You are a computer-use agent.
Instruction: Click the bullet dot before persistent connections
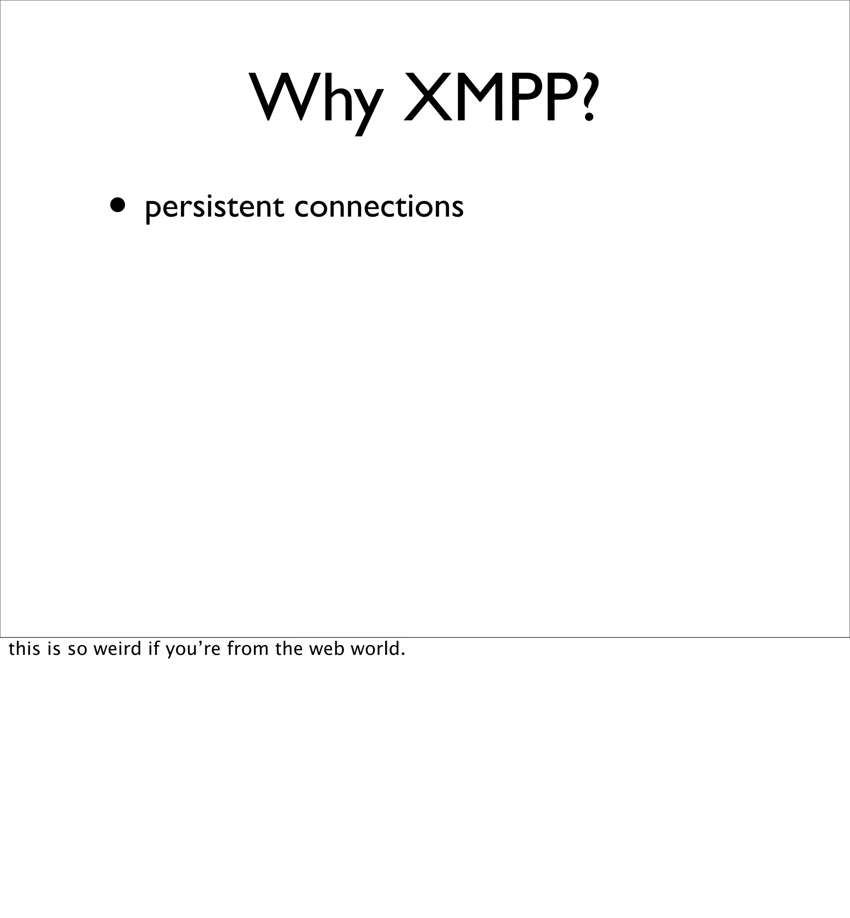(117, 206)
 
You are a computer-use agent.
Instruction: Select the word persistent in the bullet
(214, 208)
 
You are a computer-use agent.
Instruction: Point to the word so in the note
(77, 649)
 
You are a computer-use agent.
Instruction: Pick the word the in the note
(289, 649)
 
